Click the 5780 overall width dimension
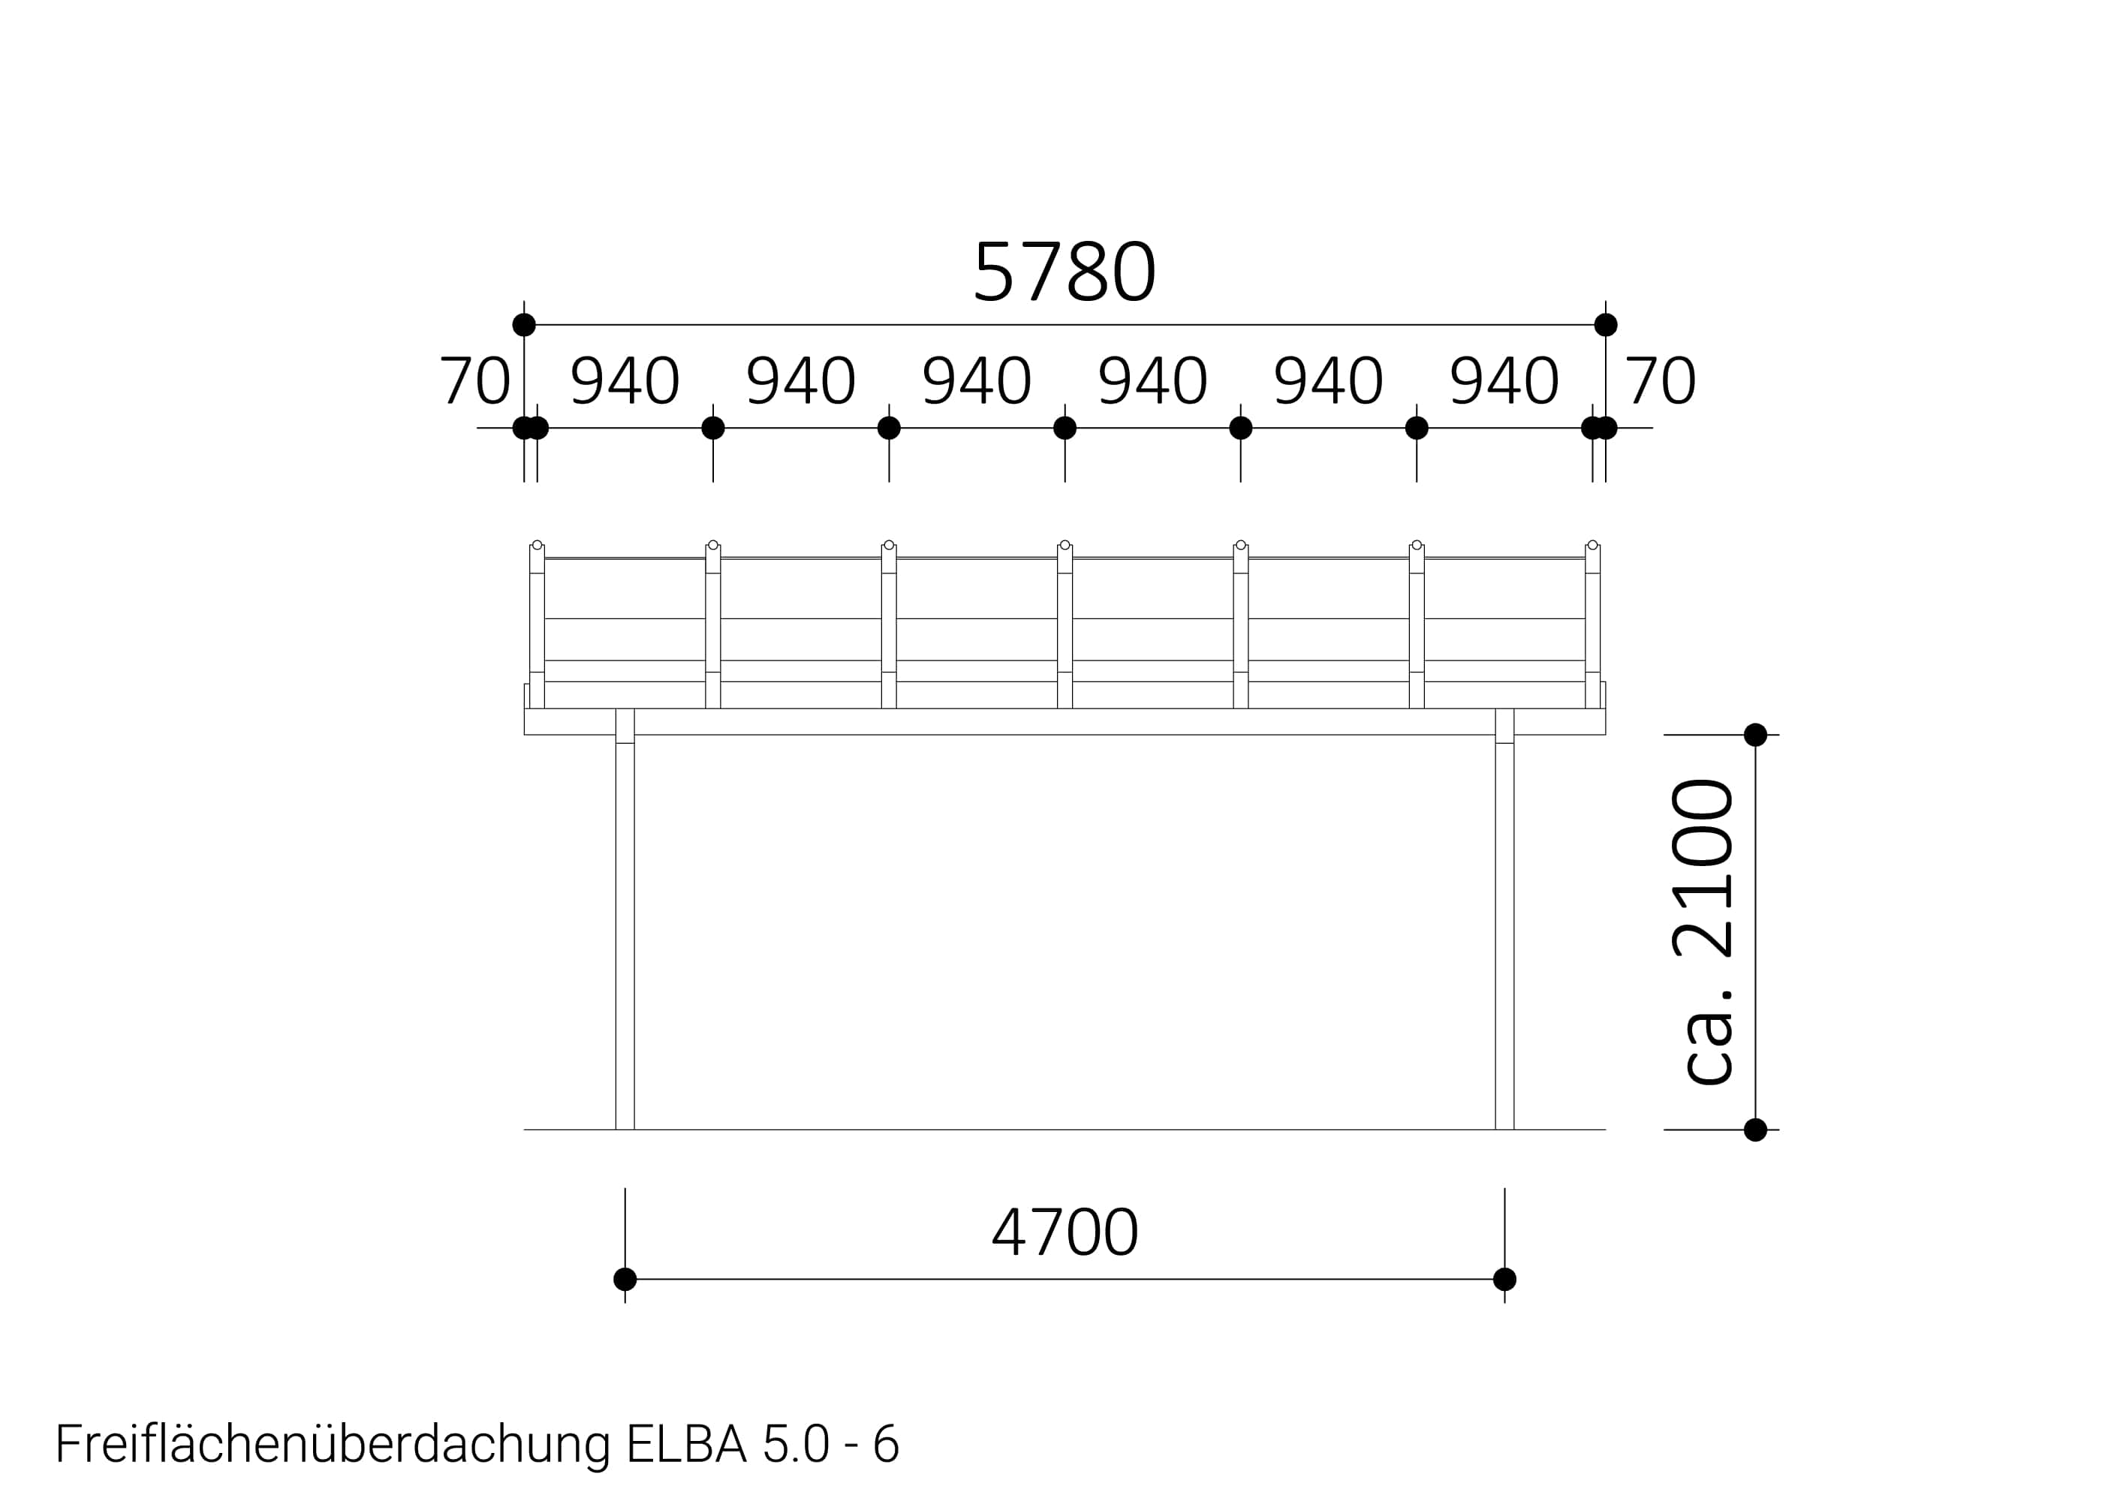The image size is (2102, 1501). click(x=1064, y=272)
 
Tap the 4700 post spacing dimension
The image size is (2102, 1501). click(x=1064, y=1232)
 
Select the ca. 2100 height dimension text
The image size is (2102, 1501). click(x=1703, y=931)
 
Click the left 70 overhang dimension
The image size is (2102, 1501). click(x=474, y=381)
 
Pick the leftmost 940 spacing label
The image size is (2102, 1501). click(x=625, y=381)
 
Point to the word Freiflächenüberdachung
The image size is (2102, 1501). click(x=333, y=1445)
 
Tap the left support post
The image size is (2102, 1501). click(x=625, y=919)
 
